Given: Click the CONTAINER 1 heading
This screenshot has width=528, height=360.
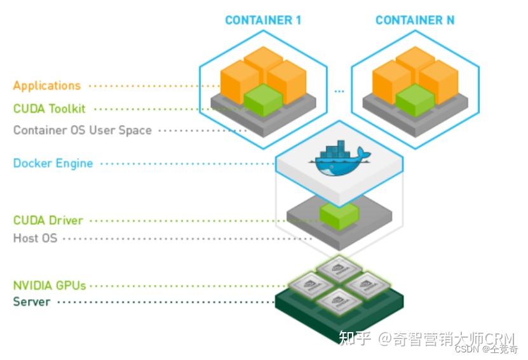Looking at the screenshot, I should tap(263, 20).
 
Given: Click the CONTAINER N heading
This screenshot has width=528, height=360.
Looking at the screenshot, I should tap(415, 20).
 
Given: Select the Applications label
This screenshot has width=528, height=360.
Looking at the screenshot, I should tap(47, 86).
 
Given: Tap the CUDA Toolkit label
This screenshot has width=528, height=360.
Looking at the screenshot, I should tap(50, 109).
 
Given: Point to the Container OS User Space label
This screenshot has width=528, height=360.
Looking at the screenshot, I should tap(83, 130).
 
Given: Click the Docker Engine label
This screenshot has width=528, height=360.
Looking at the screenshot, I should tap(53, 163).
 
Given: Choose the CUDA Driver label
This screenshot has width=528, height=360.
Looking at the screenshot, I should tap(48, 220).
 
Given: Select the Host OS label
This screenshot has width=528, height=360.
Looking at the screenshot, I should tap(35, 239).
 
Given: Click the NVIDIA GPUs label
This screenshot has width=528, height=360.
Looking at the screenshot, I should tap(50, 285).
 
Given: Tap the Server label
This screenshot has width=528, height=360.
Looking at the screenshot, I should tap(32, 301).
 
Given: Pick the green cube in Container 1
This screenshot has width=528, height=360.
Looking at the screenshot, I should tap(263, 100).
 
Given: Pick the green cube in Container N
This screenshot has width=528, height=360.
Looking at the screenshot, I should tap(415, 100).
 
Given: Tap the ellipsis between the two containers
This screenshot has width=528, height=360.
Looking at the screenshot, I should tap(339, 91).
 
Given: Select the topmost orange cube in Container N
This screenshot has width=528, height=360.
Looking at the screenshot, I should tap(415, 60).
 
